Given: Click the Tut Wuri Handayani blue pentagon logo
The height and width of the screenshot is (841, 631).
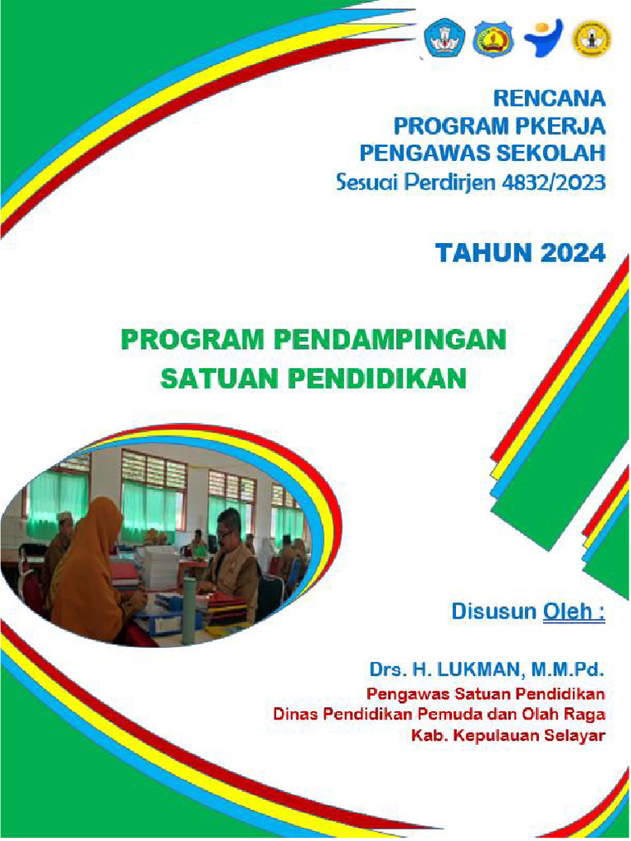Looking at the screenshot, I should (444, 38).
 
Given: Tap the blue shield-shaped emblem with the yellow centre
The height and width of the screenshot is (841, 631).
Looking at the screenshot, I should (493, 38).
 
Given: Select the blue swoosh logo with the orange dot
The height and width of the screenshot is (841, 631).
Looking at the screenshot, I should (543, 38).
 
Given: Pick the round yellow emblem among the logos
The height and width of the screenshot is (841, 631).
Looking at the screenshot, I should (592, 38).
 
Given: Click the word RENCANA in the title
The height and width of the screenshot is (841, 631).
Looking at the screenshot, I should (549, 99).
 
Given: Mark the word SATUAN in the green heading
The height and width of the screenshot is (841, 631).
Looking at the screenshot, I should (210, 379).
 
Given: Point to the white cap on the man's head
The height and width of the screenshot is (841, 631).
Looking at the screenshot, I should (65, 517).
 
